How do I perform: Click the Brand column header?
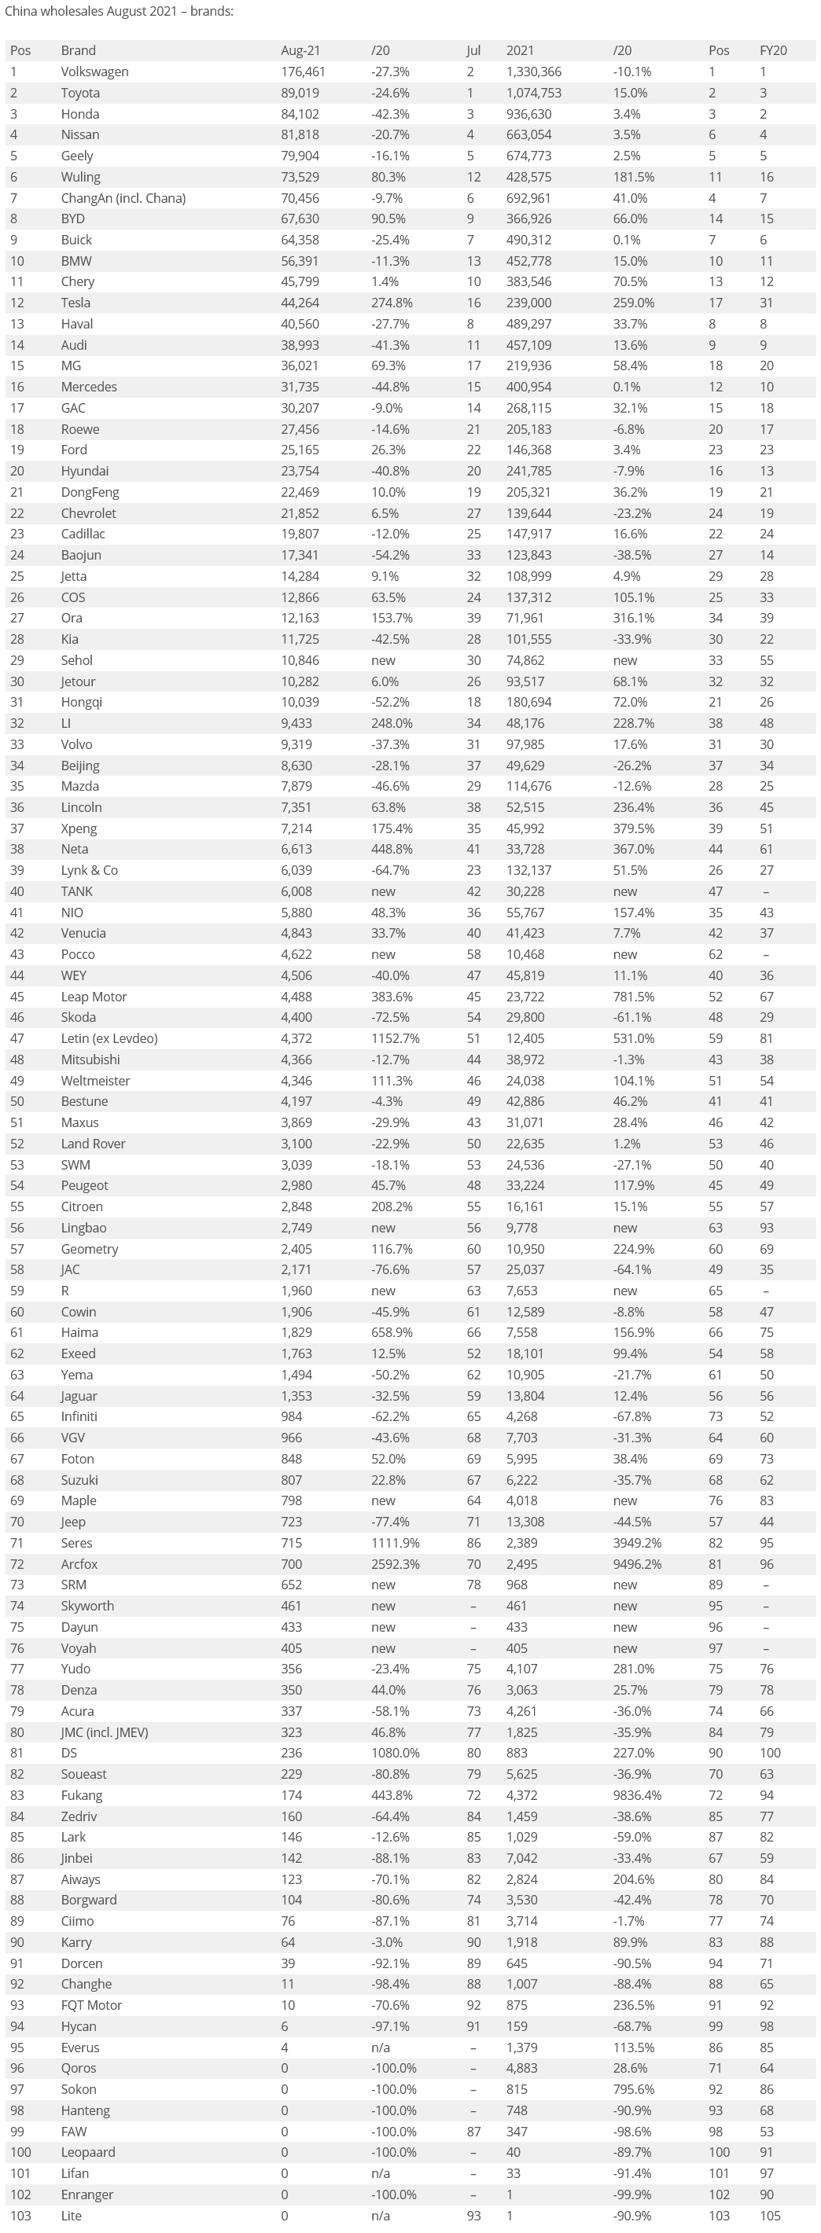pyautogui.click(x=78, y=50)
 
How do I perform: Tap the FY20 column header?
pyautogui.click(x=772, y=50)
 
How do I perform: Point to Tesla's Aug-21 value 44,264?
pyautogui.click(x=300, y=303)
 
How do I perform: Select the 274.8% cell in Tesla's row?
pyautogui.click(x=392, y=303)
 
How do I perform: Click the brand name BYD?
pyautogui.click(x=73, y=219)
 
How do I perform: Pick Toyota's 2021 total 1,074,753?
pyautogui.click(x=534, y=93)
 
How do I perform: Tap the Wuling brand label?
pyautogui.click(x=81, y=177)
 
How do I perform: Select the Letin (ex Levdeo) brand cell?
pyautogui.click(x=109, y=1038)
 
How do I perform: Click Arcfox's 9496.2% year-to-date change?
pyautogui.click(x=637, y=1564)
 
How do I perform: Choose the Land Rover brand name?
pyautogui.click(x=93, y=1144)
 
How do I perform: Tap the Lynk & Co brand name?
pyautogui.click(x=90, y=870)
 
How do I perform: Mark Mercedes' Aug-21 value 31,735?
pyautogui.click(x=300, y=387)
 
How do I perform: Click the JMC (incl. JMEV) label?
pyautogui.click(x=104, y=1732)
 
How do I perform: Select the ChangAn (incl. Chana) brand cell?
pyautogui.click(x=123, y=197)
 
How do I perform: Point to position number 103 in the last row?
pyautogui.click(x=20, y=2216)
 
